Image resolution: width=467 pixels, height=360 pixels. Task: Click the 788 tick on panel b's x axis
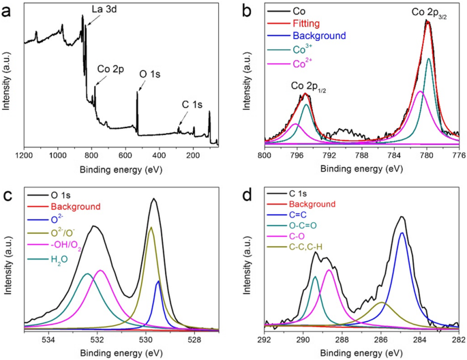coord(362,155)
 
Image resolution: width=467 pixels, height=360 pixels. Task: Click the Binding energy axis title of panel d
coord(361,353)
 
